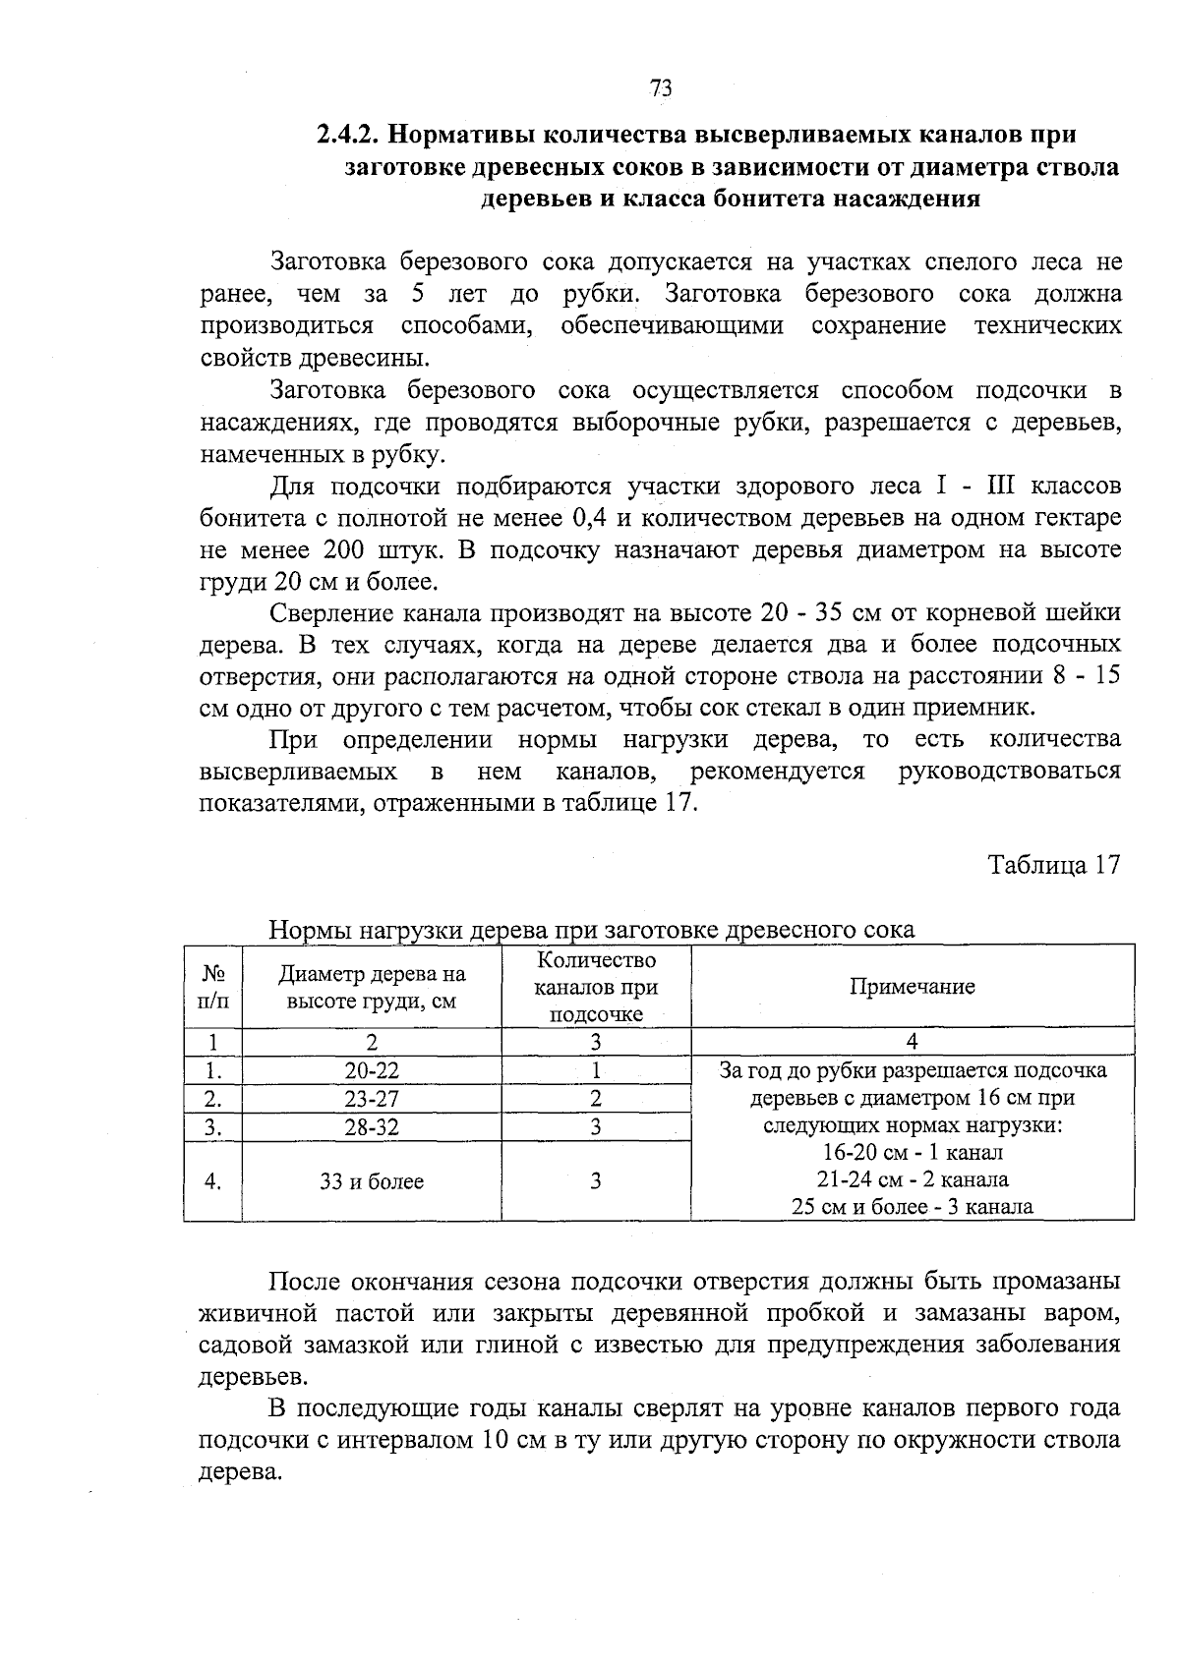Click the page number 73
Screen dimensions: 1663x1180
pyautogui.click(x=661, y=88)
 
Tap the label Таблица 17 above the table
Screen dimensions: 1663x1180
pyautogui.click(x=1053, y=865)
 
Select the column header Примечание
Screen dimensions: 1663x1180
pyautogui.click(x=912, y=987)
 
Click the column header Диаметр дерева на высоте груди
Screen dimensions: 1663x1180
pyautogui.click(x=372, y=987)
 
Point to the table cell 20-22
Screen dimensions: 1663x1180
pyautogui.click(x=372, y=1070)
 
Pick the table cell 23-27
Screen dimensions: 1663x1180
pyautogui.click(x=372, y=1099)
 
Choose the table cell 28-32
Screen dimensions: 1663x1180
pyautogui.click(x=372, y=1127)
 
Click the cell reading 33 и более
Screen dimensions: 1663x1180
pyautogui.click(x=372, y=1181)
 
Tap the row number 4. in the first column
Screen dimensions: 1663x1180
pyautogui.click(x=212, y=1181)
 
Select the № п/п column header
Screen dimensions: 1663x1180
pyautogui.click(x=212, y=987)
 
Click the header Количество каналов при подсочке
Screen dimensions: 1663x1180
pyautogui.click(x=596, y=987)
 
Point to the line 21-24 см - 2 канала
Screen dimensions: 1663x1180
pyautogui.click(x=912, y=1179)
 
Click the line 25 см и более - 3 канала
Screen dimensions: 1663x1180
pyautogui.click(x=912, y=1207)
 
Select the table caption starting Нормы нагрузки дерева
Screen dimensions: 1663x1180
pyautogui.click(x=591, y=930)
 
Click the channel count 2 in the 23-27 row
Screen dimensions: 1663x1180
pyautogui.click(x=596, y=1099)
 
